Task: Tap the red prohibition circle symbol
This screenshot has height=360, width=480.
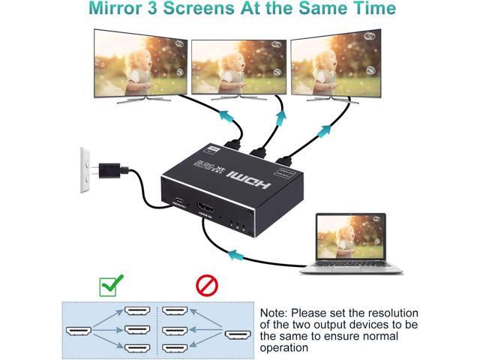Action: [206, 285]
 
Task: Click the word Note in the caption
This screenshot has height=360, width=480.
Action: [274, 313]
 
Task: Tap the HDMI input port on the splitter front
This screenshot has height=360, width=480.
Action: [205, 207]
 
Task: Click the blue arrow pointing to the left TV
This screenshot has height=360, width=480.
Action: [225, 115]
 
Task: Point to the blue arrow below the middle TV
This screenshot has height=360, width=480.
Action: [280, 118]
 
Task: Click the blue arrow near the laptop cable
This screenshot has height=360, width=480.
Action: [235, 255]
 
